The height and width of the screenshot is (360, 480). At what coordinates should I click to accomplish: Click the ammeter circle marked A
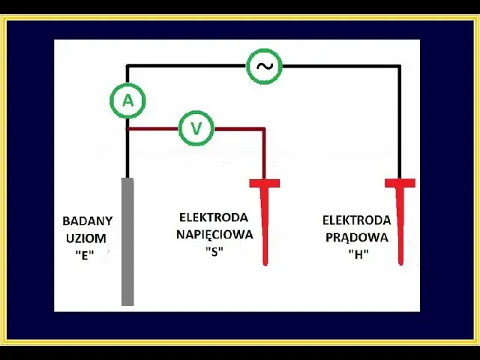click(127, 101)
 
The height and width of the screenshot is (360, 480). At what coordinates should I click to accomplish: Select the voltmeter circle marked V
click(196, 128)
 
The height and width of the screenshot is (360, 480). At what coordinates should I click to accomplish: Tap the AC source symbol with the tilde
click(264, 66)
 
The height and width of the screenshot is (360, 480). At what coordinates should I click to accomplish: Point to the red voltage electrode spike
click(265, 225)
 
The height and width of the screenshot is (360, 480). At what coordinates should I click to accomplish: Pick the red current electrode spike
click(400, 225)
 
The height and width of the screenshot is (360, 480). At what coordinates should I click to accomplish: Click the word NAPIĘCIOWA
click(216, 234)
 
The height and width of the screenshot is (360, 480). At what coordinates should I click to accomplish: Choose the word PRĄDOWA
click(357, 237)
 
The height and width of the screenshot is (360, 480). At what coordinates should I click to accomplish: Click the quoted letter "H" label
click(357, 253)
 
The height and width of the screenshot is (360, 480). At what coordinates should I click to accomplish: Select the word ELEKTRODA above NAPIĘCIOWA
click(214, 217)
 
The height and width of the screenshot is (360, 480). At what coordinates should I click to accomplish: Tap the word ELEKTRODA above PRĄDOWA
click(357, 220)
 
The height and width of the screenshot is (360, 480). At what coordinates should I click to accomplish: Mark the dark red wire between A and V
click(154, 129)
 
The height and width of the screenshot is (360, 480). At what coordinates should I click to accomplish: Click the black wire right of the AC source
click(337, 66)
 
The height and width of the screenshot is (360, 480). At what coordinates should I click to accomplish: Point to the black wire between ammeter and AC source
click(187, 66)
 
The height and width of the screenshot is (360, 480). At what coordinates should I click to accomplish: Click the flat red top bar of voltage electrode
click(265, 183)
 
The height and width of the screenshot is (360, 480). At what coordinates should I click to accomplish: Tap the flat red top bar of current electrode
click(400, 183)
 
